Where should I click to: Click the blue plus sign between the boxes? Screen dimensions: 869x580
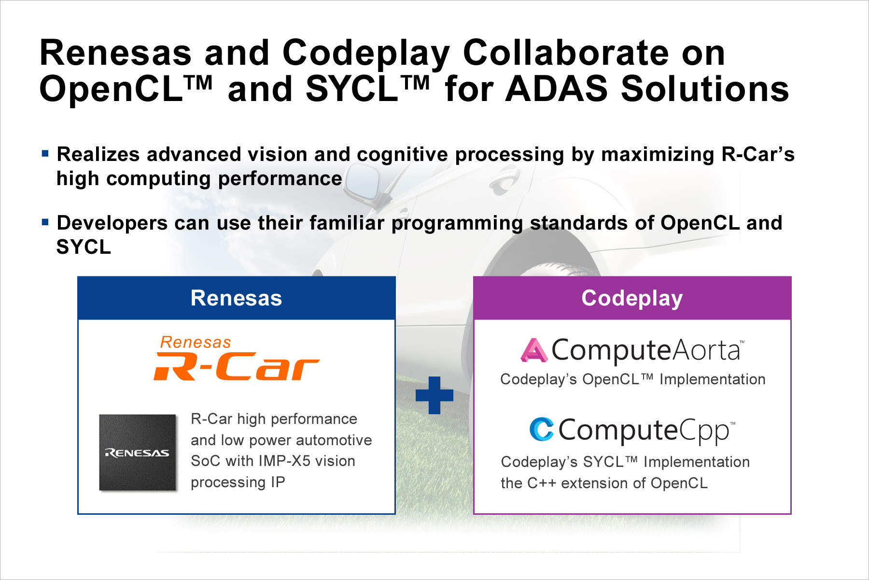434,395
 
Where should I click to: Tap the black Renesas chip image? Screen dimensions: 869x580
138,452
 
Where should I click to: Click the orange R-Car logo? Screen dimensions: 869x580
236,366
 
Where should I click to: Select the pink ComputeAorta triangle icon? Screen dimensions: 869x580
534,350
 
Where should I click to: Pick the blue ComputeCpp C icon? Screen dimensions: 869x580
542,429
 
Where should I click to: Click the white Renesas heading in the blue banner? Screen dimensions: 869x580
236,298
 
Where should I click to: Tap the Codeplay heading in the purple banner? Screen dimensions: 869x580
632,298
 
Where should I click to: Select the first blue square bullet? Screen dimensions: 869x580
45,154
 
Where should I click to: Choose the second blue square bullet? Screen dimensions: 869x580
45,222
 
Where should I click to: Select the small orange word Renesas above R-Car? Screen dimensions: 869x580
196,342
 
